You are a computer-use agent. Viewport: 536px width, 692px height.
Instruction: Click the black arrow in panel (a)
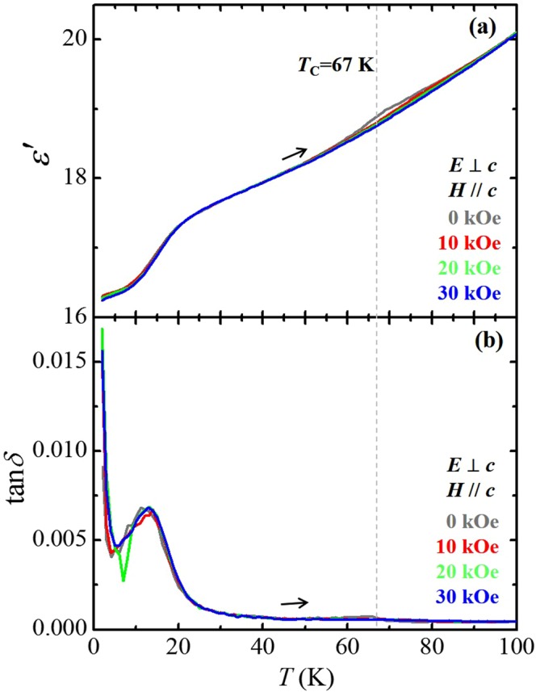tap(295, 153)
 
